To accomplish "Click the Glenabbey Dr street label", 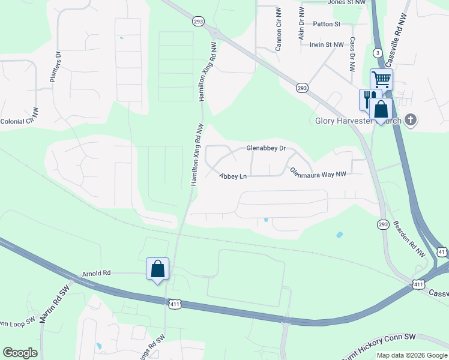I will pos(266,148).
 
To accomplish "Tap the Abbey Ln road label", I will pos(233,176).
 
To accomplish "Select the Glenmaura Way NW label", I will pos(318,173).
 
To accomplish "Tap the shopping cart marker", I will pos(381,79).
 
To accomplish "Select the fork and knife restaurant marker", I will pos(369,98).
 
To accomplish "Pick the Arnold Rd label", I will pos(97,273).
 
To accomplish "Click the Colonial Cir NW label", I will pos(19,119).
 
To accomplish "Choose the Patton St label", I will pos(327,24).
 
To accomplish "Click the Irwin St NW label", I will pos(327,44).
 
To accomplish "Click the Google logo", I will pos(20,353).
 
